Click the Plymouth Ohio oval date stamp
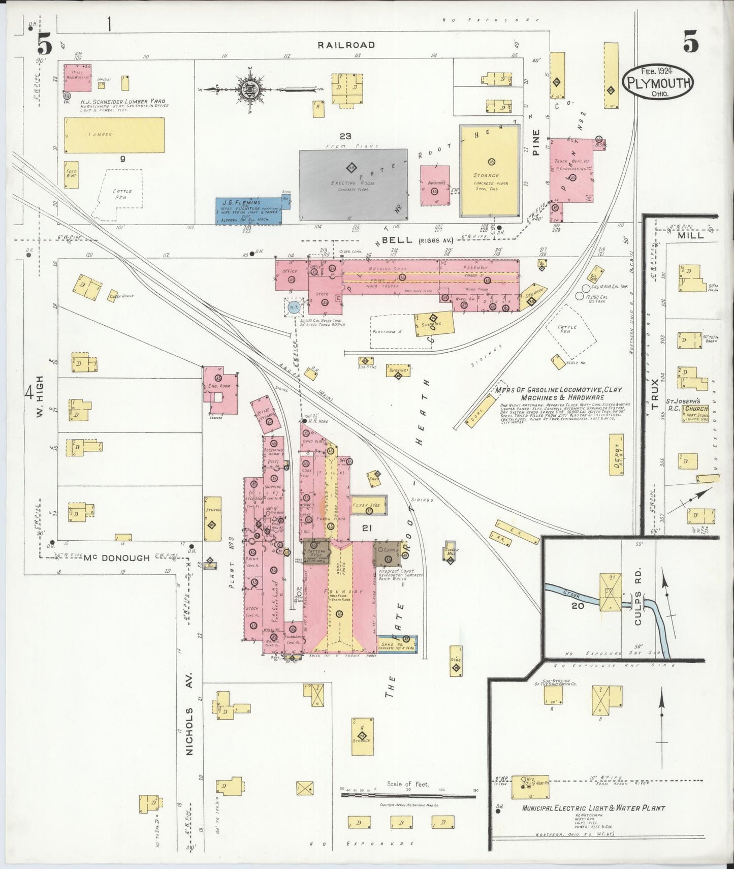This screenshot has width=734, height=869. tap(657, 82)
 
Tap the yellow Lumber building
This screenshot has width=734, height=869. tap(114, 135)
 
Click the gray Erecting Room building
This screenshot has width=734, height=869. tap(353, 184)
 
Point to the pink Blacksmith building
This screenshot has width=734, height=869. tap(435, 185)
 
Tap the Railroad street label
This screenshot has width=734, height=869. tap(346, 45)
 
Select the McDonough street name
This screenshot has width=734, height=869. tap(116, 558)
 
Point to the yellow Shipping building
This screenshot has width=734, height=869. tap(434, 324)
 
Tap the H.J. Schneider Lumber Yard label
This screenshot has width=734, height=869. tap(122, 101)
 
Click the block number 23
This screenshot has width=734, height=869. tap(345, 136)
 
